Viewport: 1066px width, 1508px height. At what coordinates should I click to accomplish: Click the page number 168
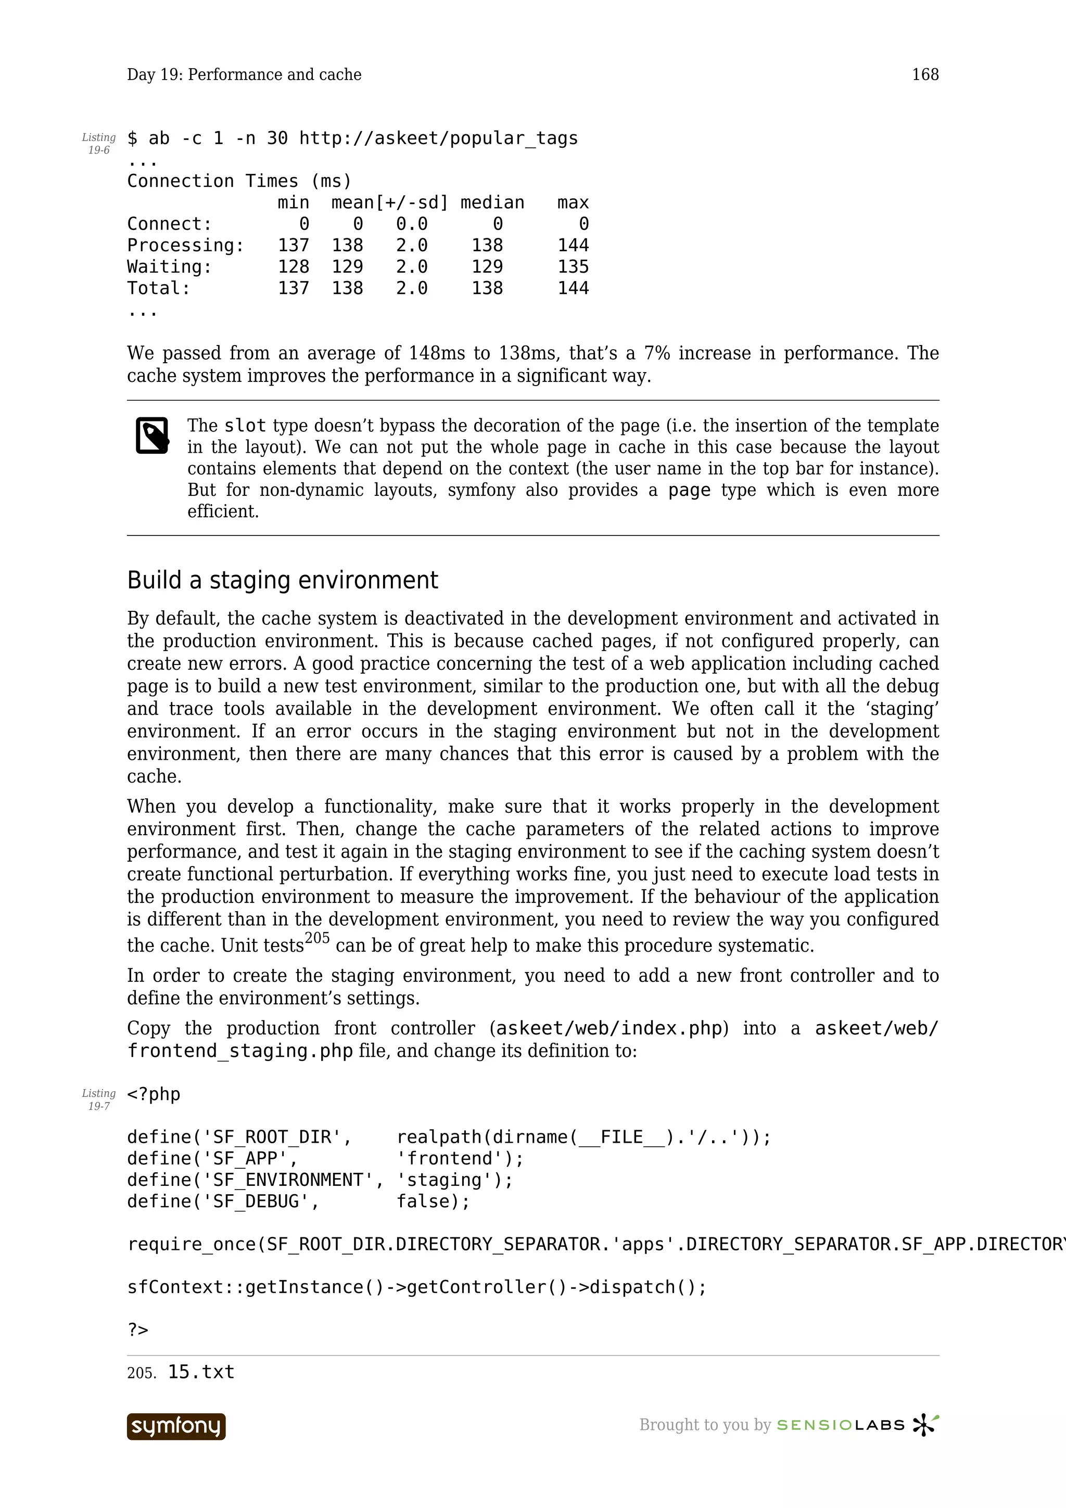(925, 74)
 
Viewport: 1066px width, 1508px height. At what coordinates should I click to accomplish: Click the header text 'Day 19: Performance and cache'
(244, 74)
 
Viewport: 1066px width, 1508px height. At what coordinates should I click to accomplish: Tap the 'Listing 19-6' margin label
(98, 143)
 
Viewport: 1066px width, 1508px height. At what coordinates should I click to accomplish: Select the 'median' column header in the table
(492, 202)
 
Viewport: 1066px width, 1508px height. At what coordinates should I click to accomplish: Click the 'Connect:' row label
(170, 224)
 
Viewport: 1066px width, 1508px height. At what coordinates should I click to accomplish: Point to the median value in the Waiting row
(487, 266)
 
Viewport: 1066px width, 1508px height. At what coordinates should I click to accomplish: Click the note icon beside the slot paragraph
(153, 435)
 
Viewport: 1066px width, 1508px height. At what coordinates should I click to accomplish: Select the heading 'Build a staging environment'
(283, 580)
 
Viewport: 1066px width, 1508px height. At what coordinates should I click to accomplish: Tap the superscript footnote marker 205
(316, 938)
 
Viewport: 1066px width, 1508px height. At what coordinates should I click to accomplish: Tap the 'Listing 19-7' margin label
(98, 1099)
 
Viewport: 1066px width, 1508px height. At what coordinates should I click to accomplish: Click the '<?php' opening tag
(153, 1094)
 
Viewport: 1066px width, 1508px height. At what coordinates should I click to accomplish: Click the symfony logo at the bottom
(176, 1426)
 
